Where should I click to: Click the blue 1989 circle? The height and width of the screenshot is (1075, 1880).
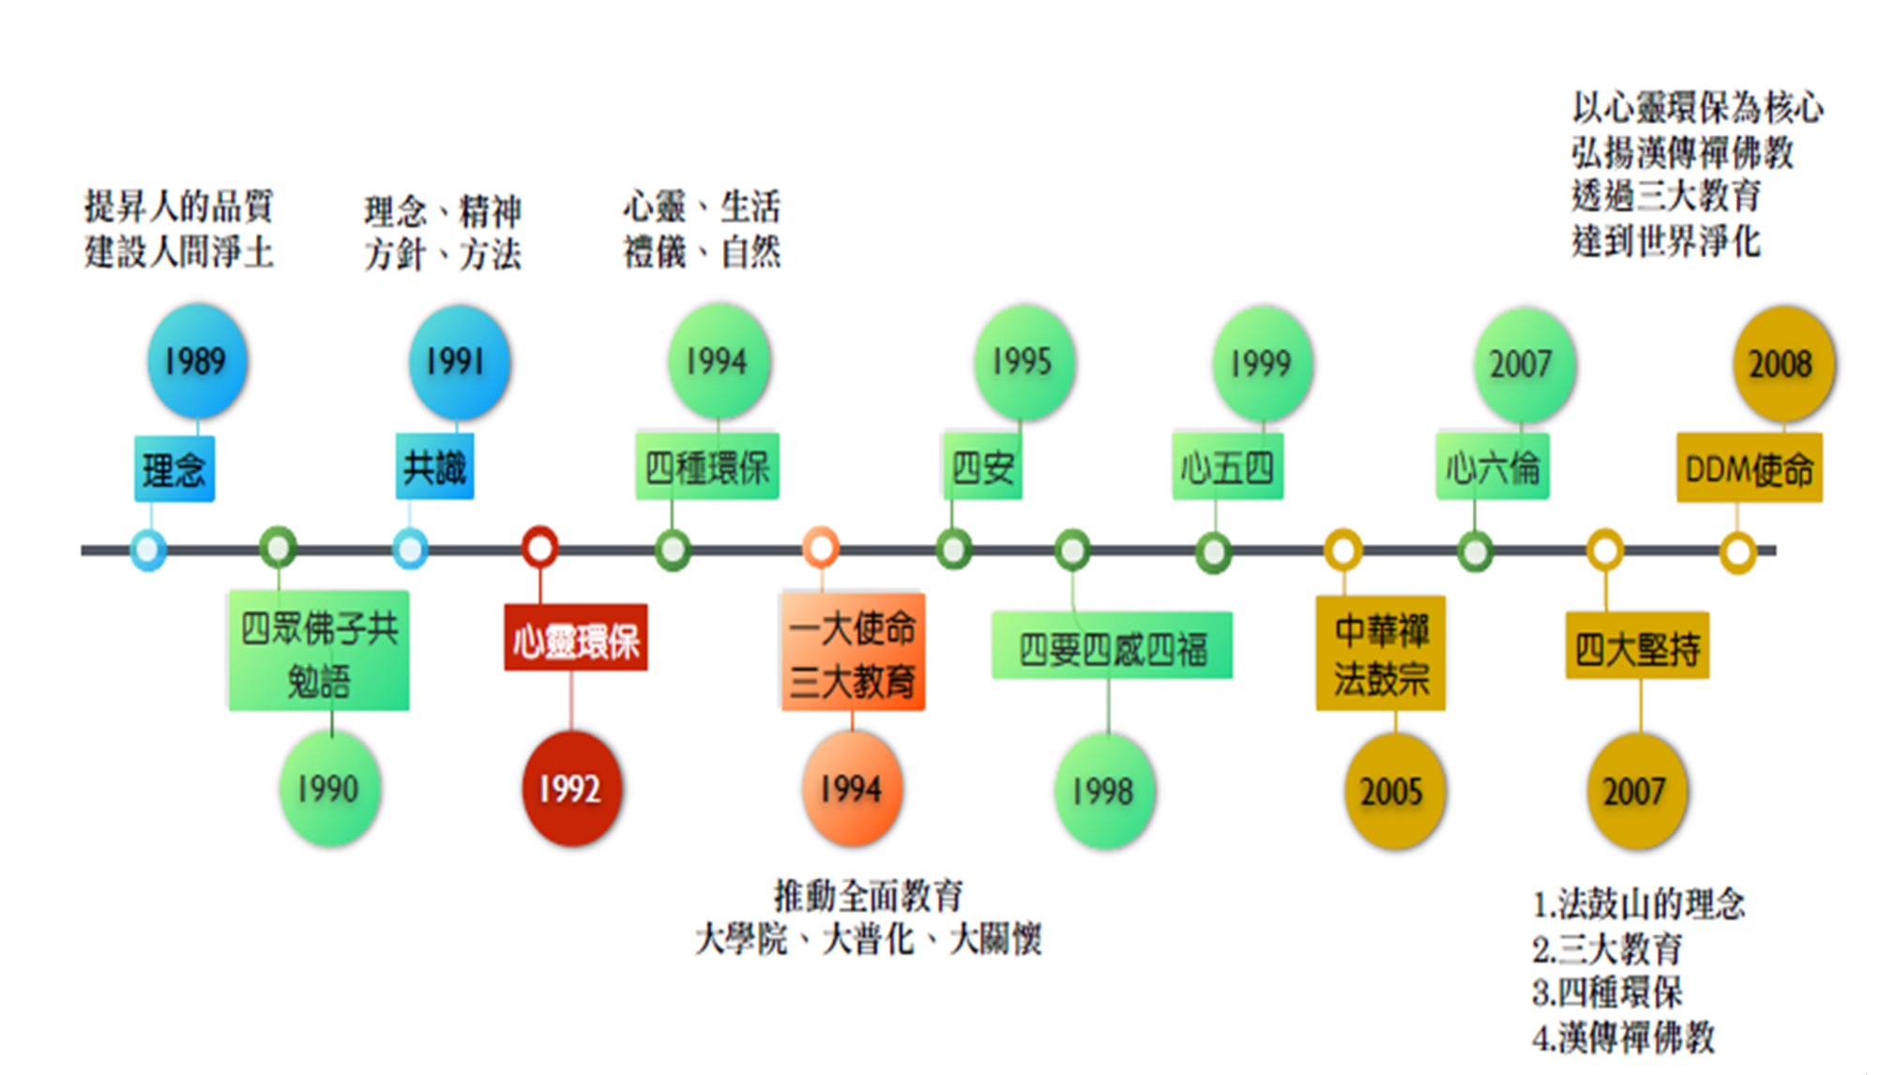pos(197,362)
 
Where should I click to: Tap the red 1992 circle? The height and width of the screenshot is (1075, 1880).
pos(571,789)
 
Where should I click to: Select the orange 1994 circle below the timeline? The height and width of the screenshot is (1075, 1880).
pos(852,789)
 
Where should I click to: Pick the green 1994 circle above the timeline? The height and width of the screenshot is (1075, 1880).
pos(719,362)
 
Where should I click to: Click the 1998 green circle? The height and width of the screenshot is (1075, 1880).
pos(1105,791)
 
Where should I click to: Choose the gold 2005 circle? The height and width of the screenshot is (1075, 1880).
pos(1394,792)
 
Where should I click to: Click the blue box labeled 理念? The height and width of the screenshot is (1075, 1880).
pos(174,469)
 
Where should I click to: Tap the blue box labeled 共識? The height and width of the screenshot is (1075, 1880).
pos(434,467)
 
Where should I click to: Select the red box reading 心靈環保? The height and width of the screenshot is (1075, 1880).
pos(575,639)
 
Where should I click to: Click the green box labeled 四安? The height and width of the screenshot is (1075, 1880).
pos(982,466)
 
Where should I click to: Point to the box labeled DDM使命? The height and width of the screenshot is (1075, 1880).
pos(1750,468)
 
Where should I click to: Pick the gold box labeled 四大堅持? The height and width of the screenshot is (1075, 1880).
pos(1637,646)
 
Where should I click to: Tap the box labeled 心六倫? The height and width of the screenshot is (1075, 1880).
pos(1493,466)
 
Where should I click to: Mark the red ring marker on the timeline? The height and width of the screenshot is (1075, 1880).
pos(540,547)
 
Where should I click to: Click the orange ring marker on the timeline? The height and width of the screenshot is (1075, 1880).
pos(821,547)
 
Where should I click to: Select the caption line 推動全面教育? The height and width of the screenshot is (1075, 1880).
pos(869,896)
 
